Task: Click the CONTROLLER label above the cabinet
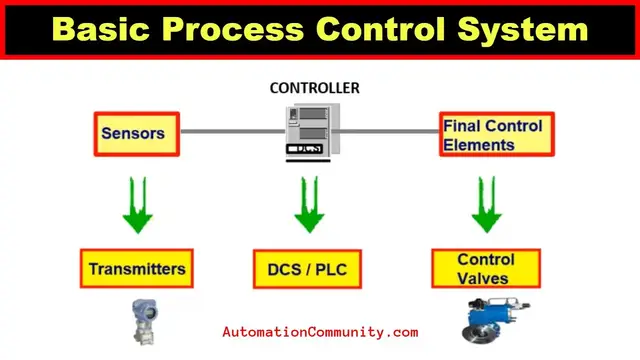[x=315, y=88]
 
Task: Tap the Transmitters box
[x=137, y=268]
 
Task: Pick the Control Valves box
[x=484, y=268]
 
